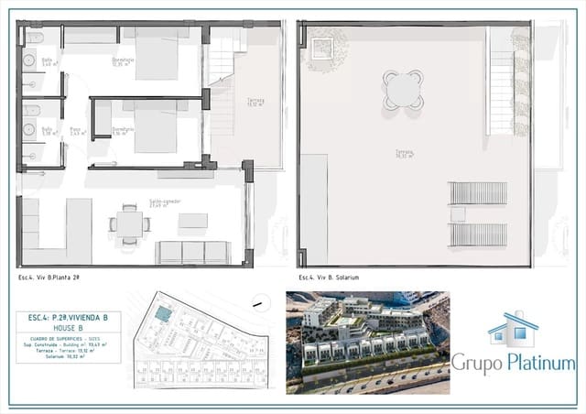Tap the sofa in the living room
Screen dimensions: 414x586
point(193,253)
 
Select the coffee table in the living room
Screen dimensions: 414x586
point(192,220)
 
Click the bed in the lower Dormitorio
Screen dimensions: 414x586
point(156,127)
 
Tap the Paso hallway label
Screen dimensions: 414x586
point(75,131)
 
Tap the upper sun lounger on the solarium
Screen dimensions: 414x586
point(475,194)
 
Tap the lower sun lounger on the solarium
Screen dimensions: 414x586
point(475,234)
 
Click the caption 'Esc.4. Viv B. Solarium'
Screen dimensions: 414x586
point(329,277)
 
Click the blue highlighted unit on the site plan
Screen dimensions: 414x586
point(162,314)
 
